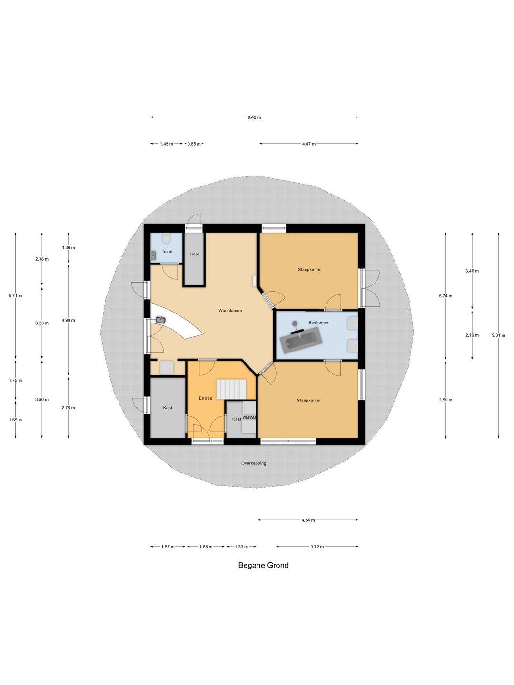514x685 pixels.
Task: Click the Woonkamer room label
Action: click(230, 311)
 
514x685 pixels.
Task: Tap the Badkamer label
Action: click(318, 323)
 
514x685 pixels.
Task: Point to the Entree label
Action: click(206, 398)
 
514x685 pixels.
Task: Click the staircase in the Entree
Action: click(231, 389)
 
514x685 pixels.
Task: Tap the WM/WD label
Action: click(249, 417)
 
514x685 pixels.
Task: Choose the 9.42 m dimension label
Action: click(254, 117)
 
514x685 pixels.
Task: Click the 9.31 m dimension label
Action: click(498, 335)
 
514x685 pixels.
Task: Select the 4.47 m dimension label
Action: click(309, 144)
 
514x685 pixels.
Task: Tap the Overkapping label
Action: click(254, 463)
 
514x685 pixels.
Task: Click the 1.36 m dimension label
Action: click(69, 248)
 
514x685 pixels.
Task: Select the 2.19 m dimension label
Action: click(472, 335)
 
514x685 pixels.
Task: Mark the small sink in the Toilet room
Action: click(153, 256)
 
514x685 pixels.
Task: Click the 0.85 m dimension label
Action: click(194, 144)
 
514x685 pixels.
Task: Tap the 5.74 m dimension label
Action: click(445, 296)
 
